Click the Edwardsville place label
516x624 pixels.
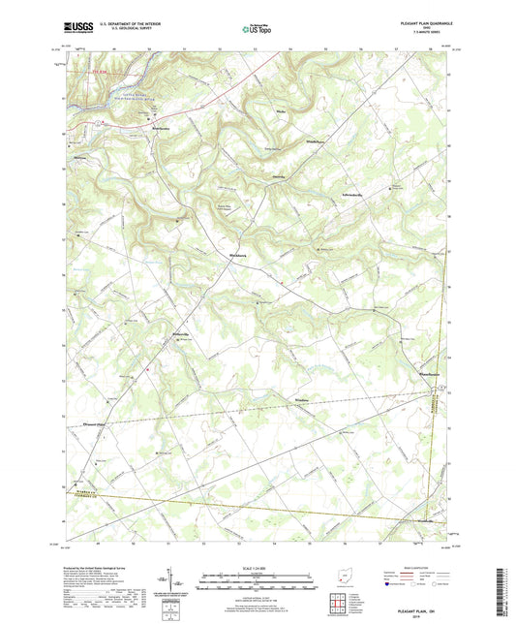(351, 194)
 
